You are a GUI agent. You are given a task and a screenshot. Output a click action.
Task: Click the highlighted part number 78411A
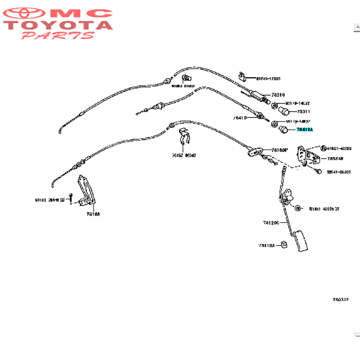[x=305, y=130]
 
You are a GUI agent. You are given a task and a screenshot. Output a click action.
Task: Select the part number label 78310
[x=278, y=95]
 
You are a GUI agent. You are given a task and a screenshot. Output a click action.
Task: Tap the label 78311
[x=304, y=112]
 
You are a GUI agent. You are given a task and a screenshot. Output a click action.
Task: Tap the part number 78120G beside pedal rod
[x=271, y=222]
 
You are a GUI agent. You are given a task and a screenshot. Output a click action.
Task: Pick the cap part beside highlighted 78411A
[x=284, y=129]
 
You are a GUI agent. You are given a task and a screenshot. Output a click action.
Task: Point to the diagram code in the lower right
[x=340, y=299]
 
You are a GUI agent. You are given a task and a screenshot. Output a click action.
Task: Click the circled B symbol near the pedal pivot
[x=298, y=208]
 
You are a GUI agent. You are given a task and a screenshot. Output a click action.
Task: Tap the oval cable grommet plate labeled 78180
[x=255, y=151]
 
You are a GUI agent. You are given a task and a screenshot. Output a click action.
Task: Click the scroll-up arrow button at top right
[x=357, y=28]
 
